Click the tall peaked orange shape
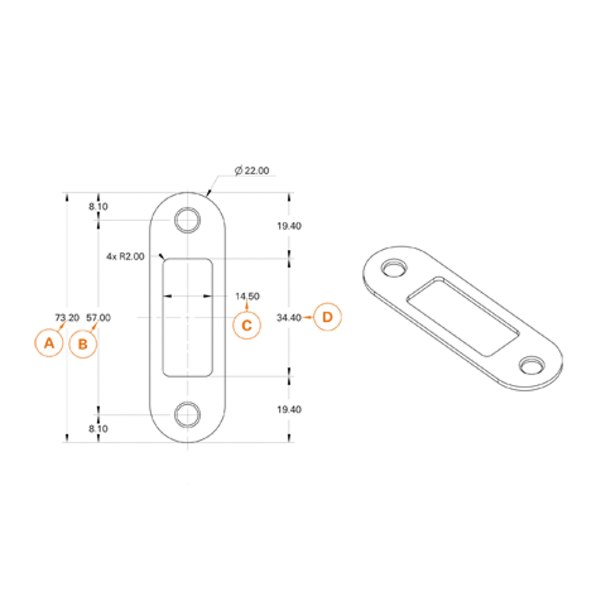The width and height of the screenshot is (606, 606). pyautogui.click(x=339, y=327)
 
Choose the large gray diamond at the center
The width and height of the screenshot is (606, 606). pyautogui.click(x=188, y=318)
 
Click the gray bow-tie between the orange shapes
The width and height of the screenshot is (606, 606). pyautogui.click(x=286, y=318)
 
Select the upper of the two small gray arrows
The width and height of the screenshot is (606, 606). pyautogui.click(x=99, y=207)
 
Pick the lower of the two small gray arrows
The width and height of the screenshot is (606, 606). pyautogui.click(x=99, y=428)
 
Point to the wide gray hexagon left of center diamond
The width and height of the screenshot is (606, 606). pyautogui.click(x=124, y=318)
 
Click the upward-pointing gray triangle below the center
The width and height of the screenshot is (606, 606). pyautogui.click(x=188, y=389)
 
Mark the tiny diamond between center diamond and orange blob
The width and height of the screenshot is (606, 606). pyautogui.click(x=219, y=318)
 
